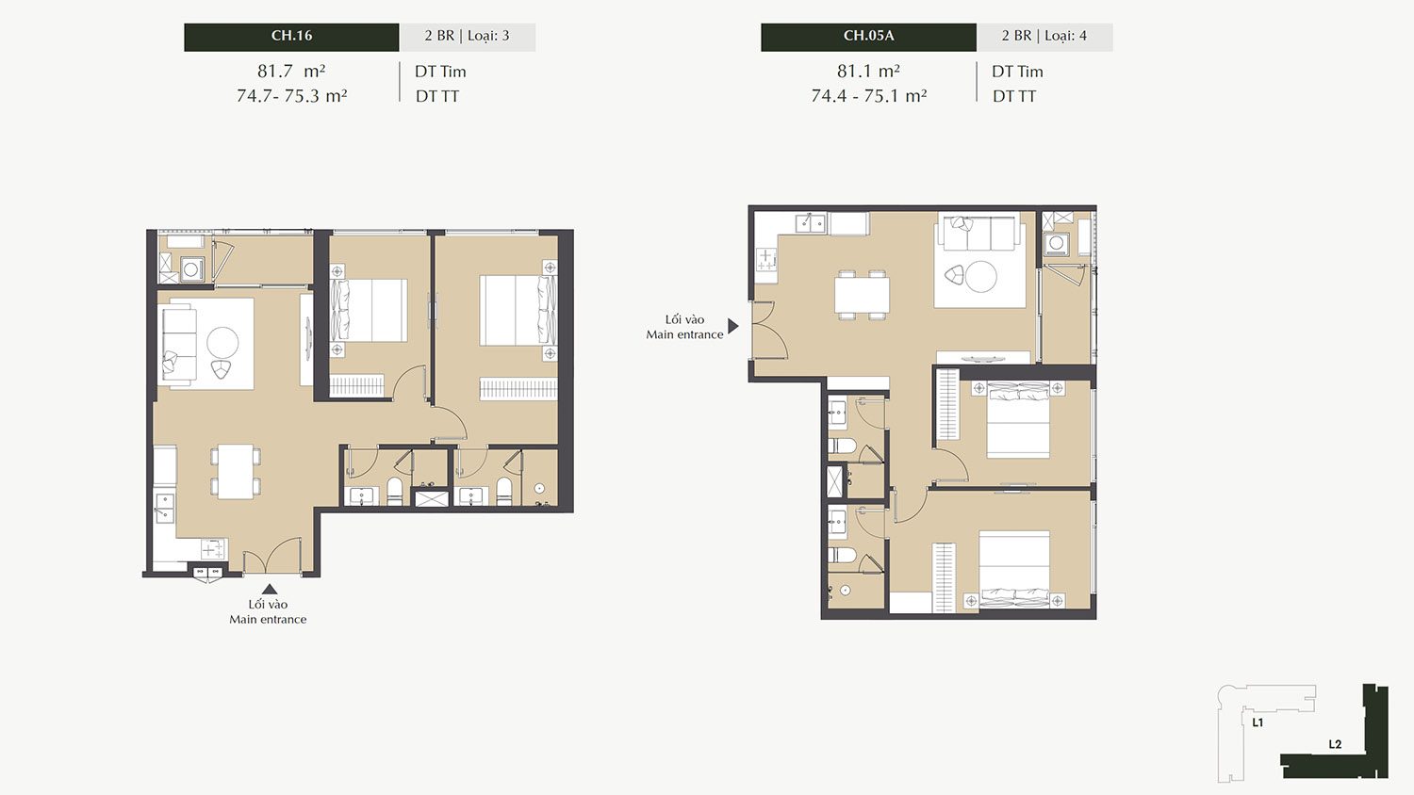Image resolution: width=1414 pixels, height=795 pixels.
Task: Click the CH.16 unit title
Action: click(291, 36)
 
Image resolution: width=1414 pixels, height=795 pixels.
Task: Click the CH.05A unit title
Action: click(868, 36)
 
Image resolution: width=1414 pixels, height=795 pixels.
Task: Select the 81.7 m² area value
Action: click(291, 71)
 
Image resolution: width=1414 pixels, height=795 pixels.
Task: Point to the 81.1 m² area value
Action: click(868, 71)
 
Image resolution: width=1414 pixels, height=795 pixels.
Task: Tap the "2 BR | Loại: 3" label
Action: click(468, 36)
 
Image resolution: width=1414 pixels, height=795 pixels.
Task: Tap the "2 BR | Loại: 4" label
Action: click(1044, 36)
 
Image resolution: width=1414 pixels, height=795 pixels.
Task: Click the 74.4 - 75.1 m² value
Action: click(868, 96)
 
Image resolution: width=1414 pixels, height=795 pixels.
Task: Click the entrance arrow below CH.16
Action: click(270, 590)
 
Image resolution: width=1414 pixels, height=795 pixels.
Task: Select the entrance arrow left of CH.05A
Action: click(732, 326)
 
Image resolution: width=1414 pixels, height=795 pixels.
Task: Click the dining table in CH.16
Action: click(236, 471)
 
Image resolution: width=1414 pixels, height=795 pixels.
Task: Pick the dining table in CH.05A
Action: click(862, 295)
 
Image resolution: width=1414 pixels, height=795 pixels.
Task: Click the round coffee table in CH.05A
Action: click(981, 276)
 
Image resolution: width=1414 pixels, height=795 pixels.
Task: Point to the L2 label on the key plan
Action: click(1335, 744)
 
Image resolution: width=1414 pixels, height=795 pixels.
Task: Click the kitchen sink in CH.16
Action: click(164, 509)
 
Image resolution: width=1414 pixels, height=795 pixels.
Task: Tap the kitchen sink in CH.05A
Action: click(811, 223)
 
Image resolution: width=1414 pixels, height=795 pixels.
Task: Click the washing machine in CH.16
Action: click(190, 269)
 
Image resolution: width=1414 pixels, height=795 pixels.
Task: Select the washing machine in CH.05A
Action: click(1055, 244)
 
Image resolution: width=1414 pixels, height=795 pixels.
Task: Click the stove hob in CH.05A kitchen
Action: click(766, 260)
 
